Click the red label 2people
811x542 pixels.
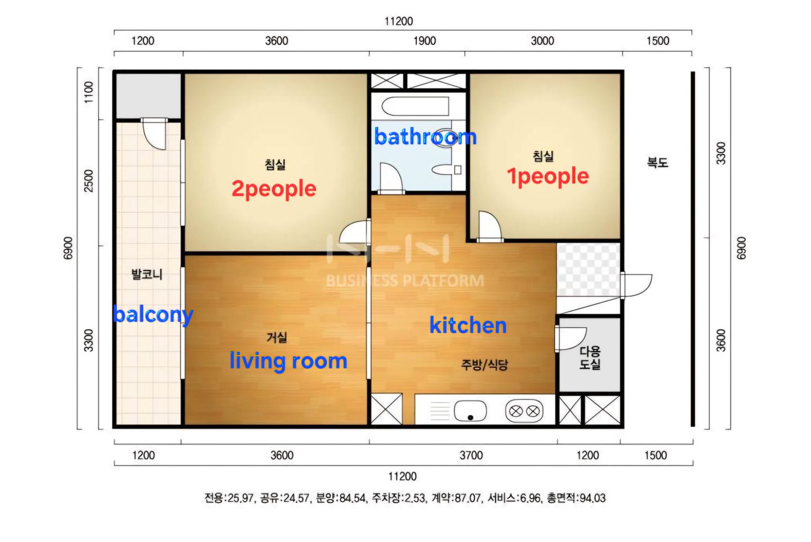coord(274,189)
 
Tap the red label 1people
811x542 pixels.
coord(547,177)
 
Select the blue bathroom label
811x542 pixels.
coord(425,137)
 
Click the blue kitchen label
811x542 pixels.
coord(468,325)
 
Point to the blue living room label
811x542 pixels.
coord(288,361)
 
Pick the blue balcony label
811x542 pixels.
coord(153,315)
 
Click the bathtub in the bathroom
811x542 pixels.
coord(415,106)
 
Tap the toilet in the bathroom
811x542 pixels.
coord(445,169)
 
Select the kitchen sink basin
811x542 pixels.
coord(470,411)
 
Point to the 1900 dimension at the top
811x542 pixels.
coord(424,41)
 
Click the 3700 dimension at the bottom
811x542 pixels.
coord(471,455)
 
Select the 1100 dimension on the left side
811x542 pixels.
coord(89,92)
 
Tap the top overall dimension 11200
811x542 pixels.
coord(399,21)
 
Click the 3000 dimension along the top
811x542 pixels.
coord(542,41)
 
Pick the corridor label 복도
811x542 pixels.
coord(657,163)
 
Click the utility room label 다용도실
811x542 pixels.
coord(590,358)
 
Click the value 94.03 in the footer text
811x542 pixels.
coord(592,498)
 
